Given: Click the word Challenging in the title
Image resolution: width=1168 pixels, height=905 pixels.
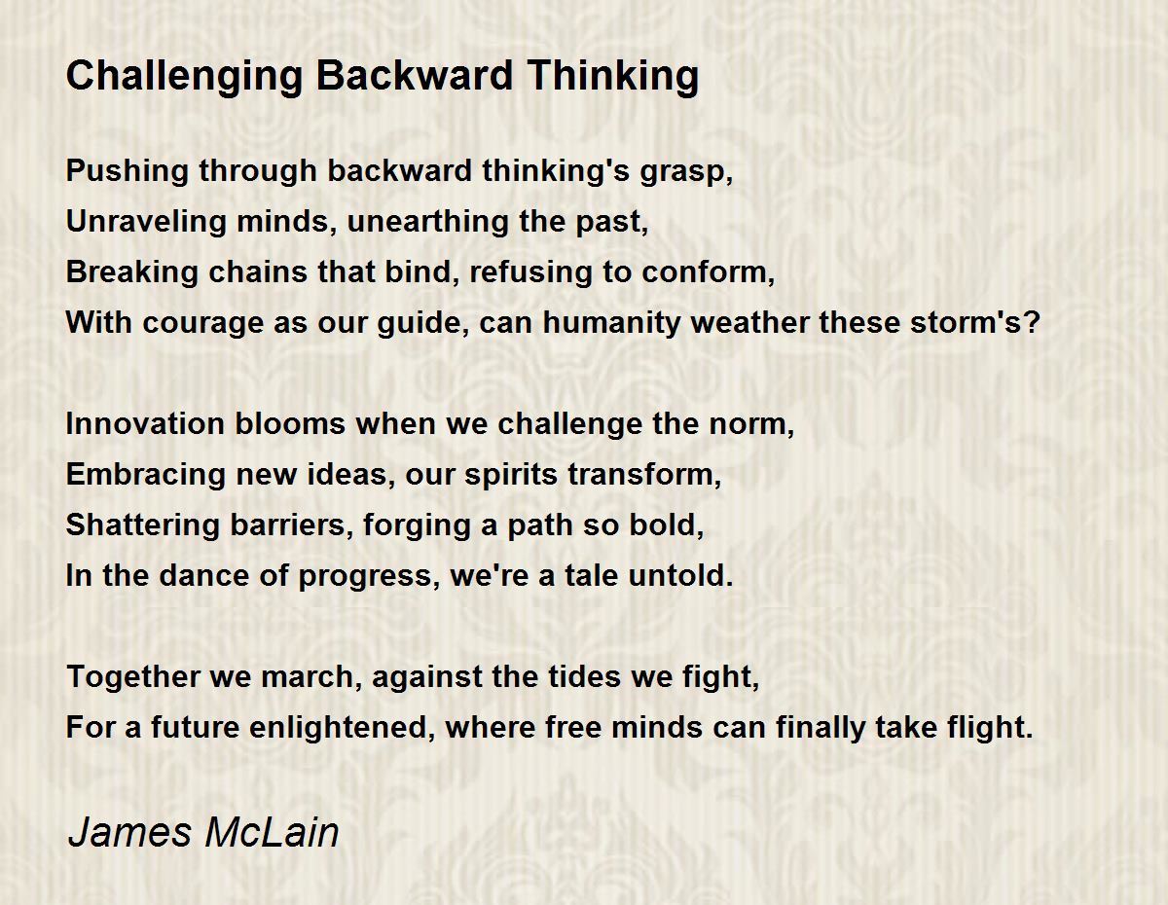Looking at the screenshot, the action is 184,78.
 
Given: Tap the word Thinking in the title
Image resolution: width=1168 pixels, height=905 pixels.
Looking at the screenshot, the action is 613,78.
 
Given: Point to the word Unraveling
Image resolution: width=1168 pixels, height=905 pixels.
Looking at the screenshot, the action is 146,222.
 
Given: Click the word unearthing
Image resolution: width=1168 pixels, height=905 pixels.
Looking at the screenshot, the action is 427,221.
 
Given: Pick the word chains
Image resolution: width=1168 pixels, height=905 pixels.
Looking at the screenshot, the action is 258,271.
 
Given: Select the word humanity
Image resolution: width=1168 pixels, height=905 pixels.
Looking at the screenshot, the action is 611,323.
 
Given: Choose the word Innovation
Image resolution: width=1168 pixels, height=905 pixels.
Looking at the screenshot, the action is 145,423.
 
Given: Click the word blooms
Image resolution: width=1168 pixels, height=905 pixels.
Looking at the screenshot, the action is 290,423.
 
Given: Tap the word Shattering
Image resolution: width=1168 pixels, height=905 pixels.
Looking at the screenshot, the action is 142,525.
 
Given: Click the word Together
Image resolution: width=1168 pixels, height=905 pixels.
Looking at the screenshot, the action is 132,677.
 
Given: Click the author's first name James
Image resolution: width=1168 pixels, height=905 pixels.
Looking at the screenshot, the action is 129,832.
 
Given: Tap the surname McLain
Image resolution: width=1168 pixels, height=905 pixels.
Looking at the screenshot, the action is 272,832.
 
